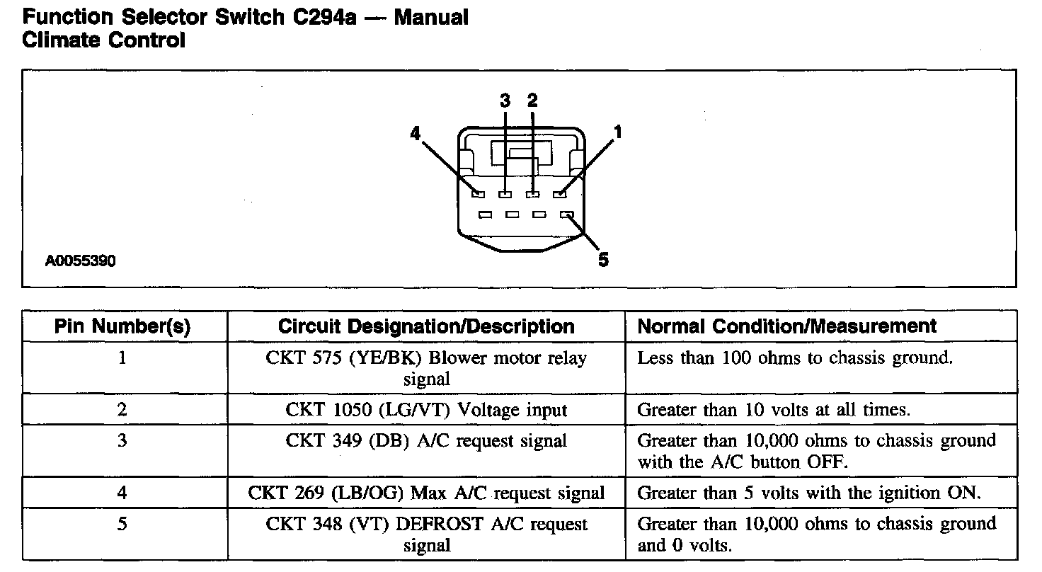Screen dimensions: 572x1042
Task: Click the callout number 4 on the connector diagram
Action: pyautogui.click(x=416, y=132)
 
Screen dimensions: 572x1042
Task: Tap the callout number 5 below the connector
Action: pyautogui.click(x=602, y=261)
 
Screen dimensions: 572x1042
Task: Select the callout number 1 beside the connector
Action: pyautogui.click(x=618, y=132)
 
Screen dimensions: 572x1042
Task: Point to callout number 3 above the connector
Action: pyautogui.click(x=505, y=100)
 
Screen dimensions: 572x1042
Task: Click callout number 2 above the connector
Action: pyautogui.click(x=532, y=100)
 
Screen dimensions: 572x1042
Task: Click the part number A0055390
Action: pyautogui.click(x=81, y=261)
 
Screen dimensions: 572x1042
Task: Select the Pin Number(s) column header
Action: pyautogui.click(x=123, y=326)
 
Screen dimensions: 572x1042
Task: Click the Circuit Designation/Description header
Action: pyautogui.click(x=426, y=326)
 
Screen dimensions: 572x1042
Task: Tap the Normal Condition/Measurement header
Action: pyautogui.click(x=786, y=326)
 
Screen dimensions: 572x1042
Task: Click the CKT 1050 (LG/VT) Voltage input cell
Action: pyautogui.click(x=426, y=409)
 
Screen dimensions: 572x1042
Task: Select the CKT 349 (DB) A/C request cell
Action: pyautogui.click(x=426, y=441)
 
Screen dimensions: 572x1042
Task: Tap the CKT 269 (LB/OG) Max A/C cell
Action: pyautogui.click(x=426, y=493)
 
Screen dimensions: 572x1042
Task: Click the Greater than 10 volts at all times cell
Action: pyautogui.click(x=774, y=409)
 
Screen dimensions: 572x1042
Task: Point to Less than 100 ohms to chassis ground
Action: pyautogui.click(x=795, y=358)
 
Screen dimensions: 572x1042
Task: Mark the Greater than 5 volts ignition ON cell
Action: pyautogui.click(x=809, y=493)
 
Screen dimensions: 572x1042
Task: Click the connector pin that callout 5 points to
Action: pyautogui.click(x=566, y=214)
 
